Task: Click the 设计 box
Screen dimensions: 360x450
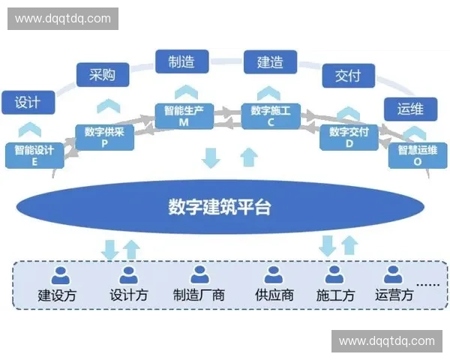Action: click(x=28, y=102)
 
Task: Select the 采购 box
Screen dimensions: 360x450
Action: click(x=103, y=75)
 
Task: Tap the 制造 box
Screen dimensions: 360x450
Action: click(x=181, y=61)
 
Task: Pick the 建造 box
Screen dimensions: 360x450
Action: click(x=270, y=61)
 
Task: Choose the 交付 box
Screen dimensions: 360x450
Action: click(x=348, y=75)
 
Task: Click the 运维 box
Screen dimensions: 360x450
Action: click(x=410, y=109)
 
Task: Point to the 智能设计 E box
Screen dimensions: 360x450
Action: click(x=34, y=154)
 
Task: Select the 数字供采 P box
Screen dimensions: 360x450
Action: click(x=104, y=137)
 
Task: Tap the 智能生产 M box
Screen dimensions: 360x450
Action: click(x=184, y=116)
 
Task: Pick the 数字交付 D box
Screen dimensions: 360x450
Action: click(x=349, y=137)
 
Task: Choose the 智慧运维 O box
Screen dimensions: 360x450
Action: click(x=415, y=154)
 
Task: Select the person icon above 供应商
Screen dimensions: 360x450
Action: click(x=273, y=274)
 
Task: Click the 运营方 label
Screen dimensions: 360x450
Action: click(x=394, y=295)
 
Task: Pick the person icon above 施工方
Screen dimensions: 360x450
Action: click(x=334, y=274)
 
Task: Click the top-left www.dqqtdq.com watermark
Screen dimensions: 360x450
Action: click(x=63, y=18)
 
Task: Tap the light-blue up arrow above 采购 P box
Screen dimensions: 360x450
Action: click(x=108, y=106)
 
